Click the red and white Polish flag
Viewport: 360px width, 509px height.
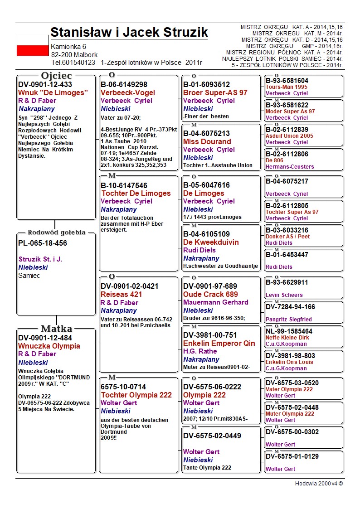[x=32, y=50]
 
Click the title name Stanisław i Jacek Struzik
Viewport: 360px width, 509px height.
[x=129, y=33]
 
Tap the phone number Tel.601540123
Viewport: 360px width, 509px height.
[x=73, y=63]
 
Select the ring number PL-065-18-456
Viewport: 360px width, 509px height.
[x=43, y=243]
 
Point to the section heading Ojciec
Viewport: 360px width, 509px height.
[x=56, y=76]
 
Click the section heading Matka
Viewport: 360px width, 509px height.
[x=56, y=329]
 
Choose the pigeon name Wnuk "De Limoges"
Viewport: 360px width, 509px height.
[x=52, y=92]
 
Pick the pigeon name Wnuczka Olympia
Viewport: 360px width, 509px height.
[x=49, y=346]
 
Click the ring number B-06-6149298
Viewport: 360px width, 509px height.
[x=124, y=84]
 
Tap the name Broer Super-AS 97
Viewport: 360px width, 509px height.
[x=215, y=92]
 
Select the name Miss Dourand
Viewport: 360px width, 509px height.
[x=207, y=141]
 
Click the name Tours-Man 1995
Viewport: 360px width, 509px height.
[x=287, y=87]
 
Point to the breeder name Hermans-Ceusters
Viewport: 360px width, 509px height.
[x=290, y=167]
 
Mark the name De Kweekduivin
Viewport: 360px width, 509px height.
[x=211, y=242]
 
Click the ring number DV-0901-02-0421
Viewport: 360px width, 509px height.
[x=130, y=286]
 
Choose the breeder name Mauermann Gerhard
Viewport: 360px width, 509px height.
[x=216, y=302]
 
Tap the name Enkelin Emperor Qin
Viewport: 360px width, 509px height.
[x=219, y=343]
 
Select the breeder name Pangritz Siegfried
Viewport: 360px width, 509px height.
[x=289, y=320]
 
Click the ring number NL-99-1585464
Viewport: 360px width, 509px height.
[x=289, y=331]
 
